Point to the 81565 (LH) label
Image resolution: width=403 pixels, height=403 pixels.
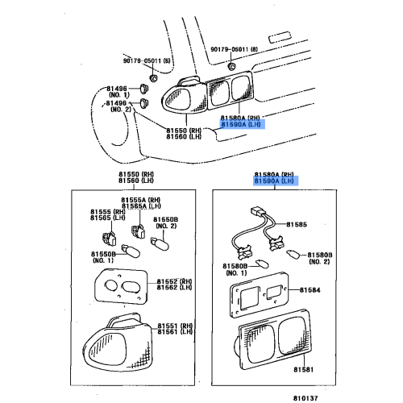point(103,218)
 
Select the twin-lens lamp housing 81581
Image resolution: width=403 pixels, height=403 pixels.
point(273,338)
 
